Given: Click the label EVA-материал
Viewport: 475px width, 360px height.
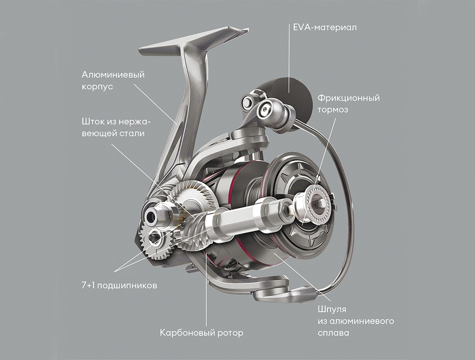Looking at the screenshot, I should tap(322, 28).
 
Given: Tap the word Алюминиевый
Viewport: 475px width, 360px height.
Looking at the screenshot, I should tap(113, 74).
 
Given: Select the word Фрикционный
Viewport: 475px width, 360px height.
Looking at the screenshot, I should tap(349, 98).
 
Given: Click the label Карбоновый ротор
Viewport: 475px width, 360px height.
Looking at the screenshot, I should tap(202, 333).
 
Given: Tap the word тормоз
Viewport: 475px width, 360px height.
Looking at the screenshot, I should tap(334, 109).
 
